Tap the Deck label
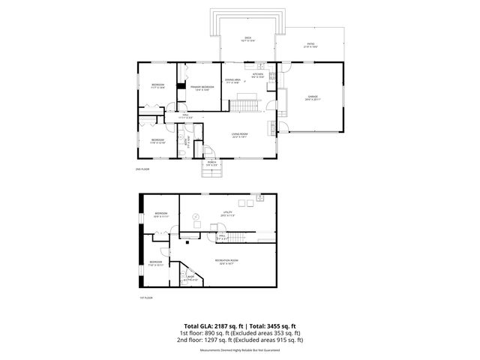pos(247,38)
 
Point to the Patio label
pos(310,44)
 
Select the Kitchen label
pos(258,75)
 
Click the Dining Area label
pos(232,80)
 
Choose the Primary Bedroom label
pos(202,87)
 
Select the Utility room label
pos(226,212)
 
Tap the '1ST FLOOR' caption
pos(146,298)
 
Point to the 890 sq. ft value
pos(214,332)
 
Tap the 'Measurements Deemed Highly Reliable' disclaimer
pos(239,350)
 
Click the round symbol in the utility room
pos(196,217)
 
